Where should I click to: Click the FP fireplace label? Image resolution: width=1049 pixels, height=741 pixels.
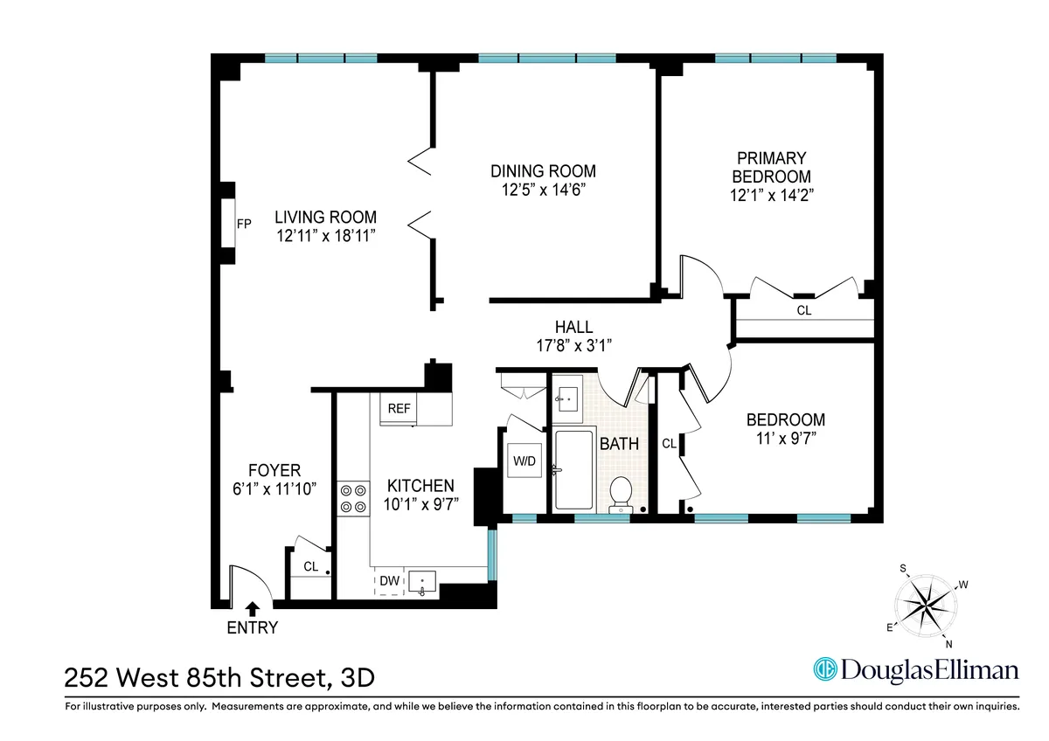(x=244, y=224)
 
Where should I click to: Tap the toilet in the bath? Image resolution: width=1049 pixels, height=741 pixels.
(x=622, y=492)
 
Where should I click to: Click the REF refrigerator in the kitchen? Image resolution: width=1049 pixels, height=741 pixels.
(x=399, y=408)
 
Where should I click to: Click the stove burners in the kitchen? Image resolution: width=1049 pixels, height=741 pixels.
(x=352, y=499)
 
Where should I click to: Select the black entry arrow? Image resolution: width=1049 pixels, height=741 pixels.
(x=252, y=608)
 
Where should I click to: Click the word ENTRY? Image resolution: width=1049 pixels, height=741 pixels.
(x=252, y=627)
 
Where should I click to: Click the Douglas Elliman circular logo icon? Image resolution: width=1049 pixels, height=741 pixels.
(x=824, y=670)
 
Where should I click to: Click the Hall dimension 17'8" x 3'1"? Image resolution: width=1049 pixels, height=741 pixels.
(x=573, y=345)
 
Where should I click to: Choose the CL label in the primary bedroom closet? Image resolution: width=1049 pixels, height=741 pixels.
(x=803, y=309)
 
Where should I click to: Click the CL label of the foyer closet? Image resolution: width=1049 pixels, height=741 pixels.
(x=310, y=566)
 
